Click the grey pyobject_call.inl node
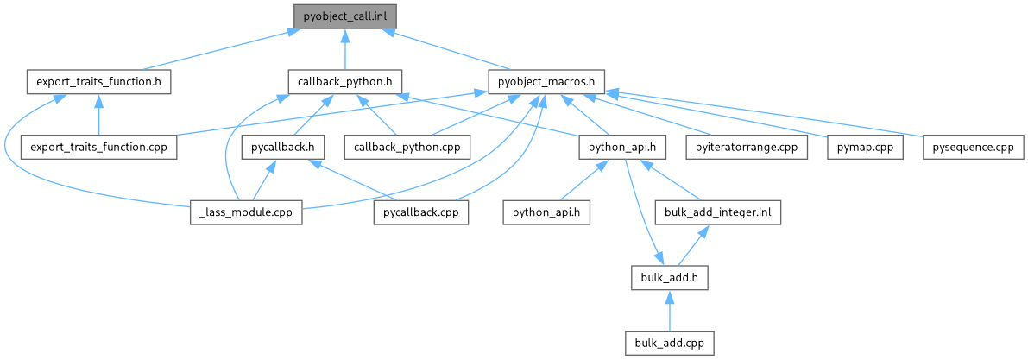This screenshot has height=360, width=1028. pos(345,16)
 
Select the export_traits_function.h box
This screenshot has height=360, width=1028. pos(98,82)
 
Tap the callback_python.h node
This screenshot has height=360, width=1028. pos(345,82)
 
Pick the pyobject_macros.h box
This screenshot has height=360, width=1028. pos(546,82)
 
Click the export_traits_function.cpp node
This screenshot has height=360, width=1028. pos(98,147)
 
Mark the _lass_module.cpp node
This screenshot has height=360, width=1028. pos(245,212)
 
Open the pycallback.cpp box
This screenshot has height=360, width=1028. pos(421,212)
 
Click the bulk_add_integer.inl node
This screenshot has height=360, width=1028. pos(718,212)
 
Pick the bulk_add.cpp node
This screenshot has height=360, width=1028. pos(670,343)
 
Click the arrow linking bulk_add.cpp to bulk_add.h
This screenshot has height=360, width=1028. pos(670,311)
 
